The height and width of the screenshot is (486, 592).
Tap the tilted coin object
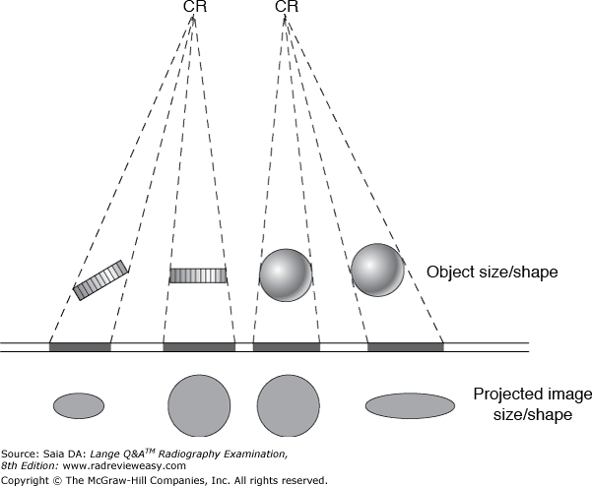pos(100,279)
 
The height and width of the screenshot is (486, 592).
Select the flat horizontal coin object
pos(198,274)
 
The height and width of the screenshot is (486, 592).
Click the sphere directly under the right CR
pos(286,273)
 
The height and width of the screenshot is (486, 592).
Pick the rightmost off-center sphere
pos(377,269)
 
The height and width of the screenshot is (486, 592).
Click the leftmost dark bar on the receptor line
pos(80,346)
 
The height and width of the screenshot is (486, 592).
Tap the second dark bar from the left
pos(199,346)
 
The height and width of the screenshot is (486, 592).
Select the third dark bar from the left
pos(287,346)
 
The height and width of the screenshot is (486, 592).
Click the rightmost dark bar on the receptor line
pos(405,346)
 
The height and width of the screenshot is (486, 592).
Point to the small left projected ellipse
pos(79,404)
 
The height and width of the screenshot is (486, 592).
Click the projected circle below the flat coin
pos(199,404)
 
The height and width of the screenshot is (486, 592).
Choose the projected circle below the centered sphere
pos(289,404)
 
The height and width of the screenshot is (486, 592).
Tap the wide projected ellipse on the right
pos(410,404)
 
